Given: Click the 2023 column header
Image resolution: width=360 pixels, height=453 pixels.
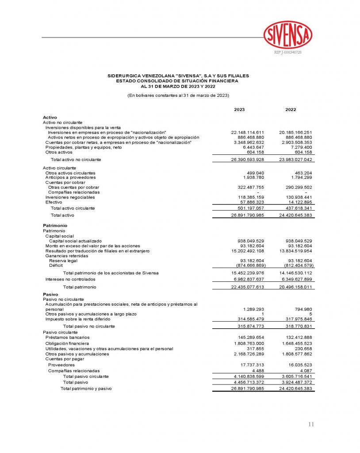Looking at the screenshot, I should [239, 109].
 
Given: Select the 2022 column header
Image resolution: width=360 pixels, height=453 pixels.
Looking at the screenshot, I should [291, 109].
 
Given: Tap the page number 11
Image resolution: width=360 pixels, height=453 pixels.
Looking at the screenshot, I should [311, 424].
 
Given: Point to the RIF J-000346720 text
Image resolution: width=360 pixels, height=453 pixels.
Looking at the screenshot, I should [288, 53].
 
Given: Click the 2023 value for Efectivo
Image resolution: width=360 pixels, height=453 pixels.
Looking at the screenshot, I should [251, 202].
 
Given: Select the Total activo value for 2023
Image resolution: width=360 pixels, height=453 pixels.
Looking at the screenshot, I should [247, 215].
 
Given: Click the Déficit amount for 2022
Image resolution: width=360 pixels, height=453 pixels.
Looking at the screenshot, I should [297, 265].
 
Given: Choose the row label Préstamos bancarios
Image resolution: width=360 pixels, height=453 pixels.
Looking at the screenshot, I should [67, 337].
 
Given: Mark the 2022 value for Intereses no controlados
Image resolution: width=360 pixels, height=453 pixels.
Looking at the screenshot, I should [297, 279].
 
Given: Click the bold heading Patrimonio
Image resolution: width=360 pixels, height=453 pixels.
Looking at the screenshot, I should [54, 225].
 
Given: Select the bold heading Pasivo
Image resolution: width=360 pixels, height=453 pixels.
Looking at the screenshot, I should [50, 294].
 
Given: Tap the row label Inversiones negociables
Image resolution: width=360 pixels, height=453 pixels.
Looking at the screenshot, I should [70, 197].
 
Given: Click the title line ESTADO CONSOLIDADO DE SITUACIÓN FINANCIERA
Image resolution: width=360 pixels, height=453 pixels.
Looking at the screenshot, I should [177, 81].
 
